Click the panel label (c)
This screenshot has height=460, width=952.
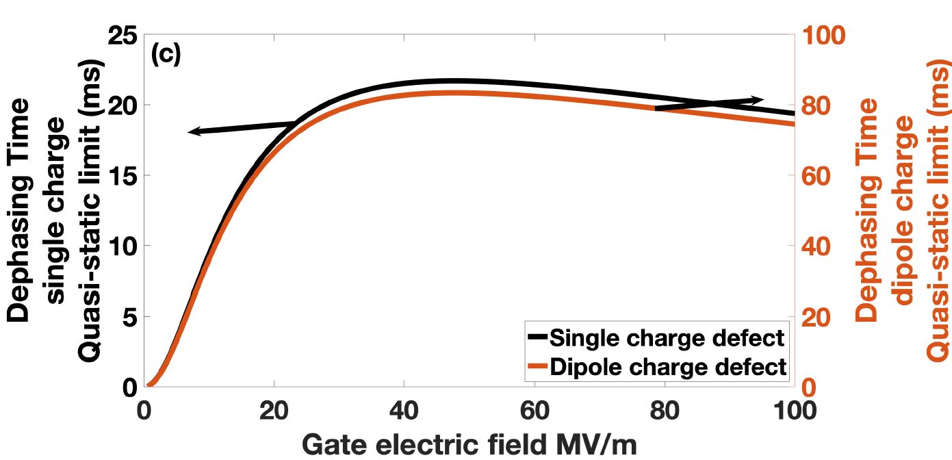point(166,55)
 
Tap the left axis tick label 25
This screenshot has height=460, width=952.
point(124,35)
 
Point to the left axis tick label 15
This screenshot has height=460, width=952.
point(124,175)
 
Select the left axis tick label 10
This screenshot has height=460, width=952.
point(124,246)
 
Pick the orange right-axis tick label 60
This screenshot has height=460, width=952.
point(818,175)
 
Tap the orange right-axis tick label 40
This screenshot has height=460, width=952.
point(818,246)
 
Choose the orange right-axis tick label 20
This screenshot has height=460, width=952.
point(818,317)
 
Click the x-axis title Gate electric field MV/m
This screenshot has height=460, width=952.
point(469,444)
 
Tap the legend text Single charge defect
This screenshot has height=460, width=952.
point(667,338)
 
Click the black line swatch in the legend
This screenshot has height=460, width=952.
point(537,337)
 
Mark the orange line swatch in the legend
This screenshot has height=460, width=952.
point(537,367)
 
